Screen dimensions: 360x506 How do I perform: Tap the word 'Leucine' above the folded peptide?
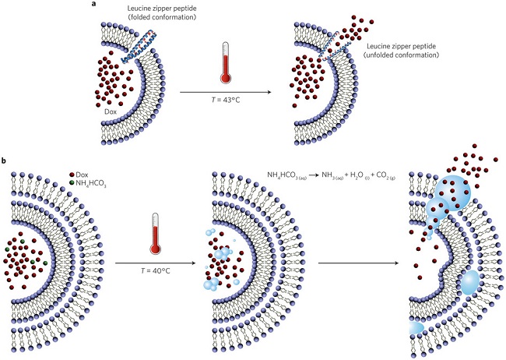[137, 7]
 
